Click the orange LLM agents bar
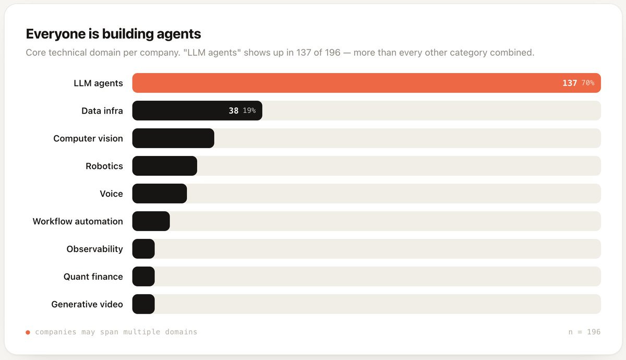366,83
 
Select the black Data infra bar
197,111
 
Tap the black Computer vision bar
173,138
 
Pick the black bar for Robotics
165,166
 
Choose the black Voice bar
160,194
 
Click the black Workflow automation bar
151,221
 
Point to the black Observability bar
143,249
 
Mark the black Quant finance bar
143,277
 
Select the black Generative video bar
143,304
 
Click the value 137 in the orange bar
570,83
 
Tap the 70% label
588,83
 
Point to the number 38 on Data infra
233,111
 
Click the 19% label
249,111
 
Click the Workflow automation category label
78,221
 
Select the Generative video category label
87,304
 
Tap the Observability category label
94,249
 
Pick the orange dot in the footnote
28,332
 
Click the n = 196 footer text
584,332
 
